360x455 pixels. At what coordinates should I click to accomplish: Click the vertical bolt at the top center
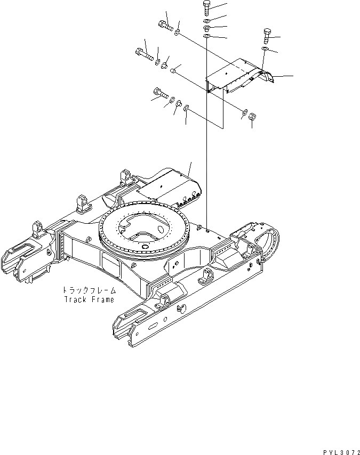coord(207,9)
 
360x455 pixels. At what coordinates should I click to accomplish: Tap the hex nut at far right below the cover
coord(253,116)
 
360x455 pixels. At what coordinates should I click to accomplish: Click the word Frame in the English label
coord(101,299)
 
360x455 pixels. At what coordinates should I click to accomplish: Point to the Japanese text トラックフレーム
coord(88,291)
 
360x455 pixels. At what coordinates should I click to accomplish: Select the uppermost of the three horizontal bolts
coord(164,25)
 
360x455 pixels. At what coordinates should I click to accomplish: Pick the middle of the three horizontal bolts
coord(142,53)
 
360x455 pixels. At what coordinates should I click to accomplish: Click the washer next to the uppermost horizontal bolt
coord(177,32)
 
